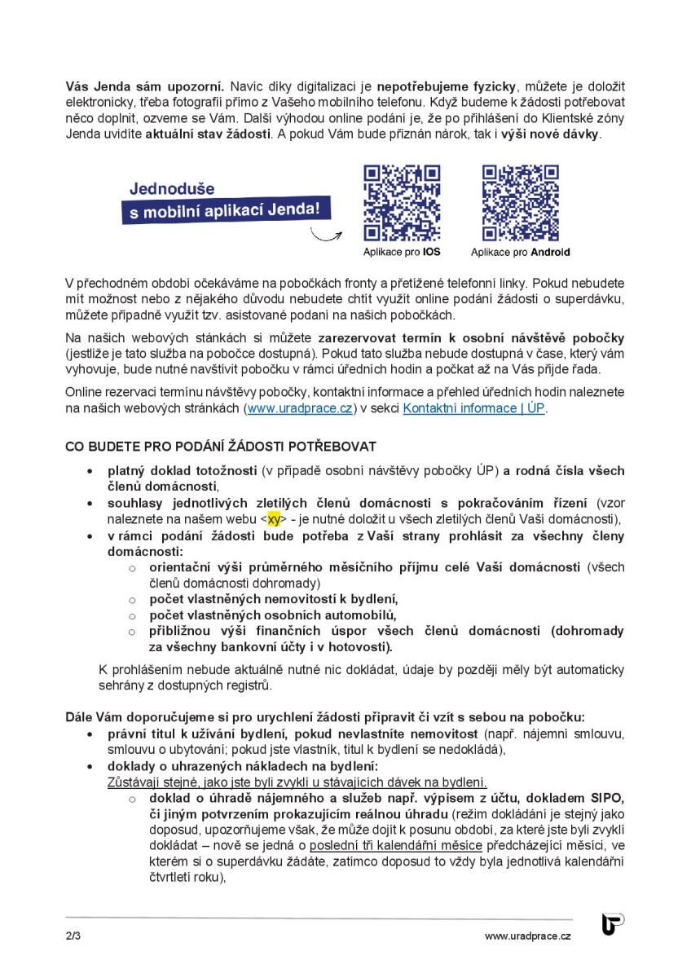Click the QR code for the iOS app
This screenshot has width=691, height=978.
tap(402, 203)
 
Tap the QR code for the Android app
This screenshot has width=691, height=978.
tap(520, 203)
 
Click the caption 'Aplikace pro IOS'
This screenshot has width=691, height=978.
tap(402, 253)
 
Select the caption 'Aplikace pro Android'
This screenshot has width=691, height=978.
tap(520, 253)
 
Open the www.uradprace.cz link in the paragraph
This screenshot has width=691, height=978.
tap(300, 408)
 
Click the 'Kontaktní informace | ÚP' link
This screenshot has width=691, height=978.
tap(473, 408)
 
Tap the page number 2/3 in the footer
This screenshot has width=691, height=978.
tap(73, 936)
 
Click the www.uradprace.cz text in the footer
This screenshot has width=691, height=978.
tap(527, 936)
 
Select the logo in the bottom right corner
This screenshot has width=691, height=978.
tap(613, 924)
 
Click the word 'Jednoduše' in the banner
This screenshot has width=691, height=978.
tap(171, 189)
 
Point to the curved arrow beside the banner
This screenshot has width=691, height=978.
tap(328, 236)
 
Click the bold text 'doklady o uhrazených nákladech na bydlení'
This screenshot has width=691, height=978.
tap(242, 767)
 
